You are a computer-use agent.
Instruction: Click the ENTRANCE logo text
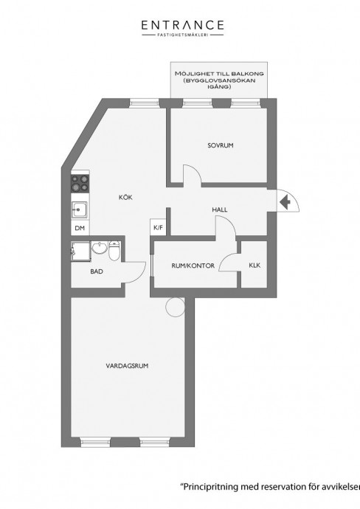tap(182, 25)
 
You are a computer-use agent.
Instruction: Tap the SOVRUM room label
tap(221, 145)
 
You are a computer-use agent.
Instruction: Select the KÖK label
tap(125, 198)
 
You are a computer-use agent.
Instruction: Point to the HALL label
tap(220, 210)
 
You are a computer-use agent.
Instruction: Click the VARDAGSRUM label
tap(127, 366)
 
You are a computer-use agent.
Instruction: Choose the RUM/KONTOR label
tap(193, 266)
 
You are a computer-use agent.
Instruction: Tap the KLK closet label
tap(255, 266)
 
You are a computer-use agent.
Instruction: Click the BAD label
tap(97, 271)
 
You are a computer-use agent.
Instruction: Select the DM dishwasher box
tap(80, 228)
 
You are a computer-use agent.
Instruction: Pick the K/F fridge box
tap(158, 227)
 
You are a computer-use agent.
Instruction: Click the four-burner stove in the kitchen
tap(80, 183)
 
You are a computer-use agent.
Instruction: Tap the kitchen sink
tap(80, 210)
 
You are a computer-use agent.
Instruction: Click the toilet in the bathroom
tap(114, 250)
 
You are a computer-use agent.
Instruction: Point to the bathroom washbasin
tap(100, 248)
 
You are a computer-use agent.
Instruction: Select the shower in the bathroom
tap(81, 251)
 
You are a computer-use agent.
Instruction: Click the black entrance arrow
tap(285, 203)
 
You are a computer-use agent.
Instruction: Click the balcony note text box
tap(219, 80)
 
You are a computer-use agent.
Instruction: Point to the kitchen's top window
tap(144, 103)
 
